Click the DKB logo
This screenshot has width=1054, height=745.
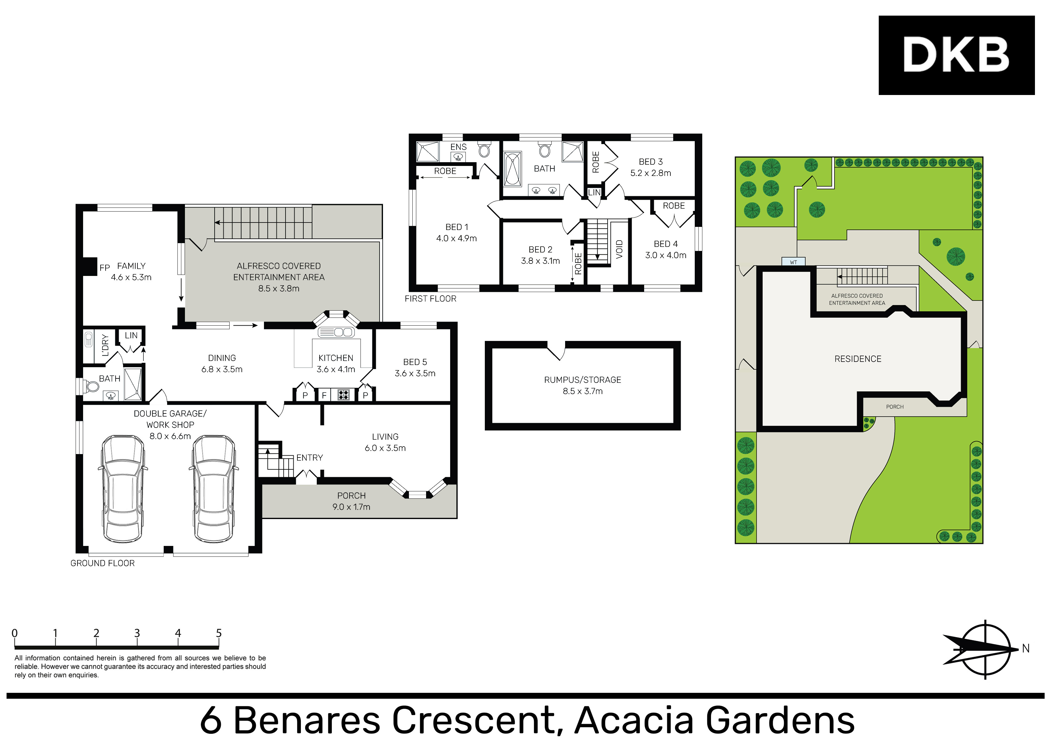pyautogui.click(x=956, y=55)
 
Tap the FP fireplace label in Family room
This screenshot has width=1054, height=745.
pyautogui.click(x=104, y=267)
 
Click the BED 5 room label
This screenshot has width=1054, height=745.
pyautogui.click(x=415, y=362)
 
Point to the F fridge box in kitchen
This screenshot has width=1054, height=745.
pyautogui.click(x=324, y=395)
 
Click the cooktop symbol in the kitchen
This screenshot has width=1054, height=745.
pyautogui.click(x=343, y=395)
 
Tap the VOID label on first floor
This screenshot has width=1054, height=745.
pyautogui.click(x=619, y=249)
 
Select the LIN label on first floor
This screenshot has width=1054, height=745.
pyautogui.click(x=594, y=192)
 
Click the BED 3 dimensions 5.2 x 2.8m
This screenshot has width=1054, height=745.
pyautogui.click(x=650, y=173)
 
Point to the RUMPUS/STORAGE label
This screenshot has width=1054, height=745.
pyautogui.click(x=582, y=380)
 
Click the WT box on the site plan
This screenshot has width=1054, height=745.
pyautogui.click(x=793, y=262)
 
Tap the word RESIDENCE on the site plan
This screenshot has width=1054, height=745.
pyautogui.click(x=858, y=359)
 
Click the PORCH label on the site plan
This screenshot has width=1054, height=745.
pyautogui.click(x=894, y=407)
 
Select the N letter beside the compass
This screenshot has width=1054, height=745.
pyautogui.click(x=1026, y=648)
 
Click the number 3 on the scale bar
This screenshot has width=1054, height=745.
pyautogui.click(x=137, y=633)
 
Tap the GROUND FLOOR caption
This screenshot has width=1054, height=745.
pyautogui.click(x=102, y=563)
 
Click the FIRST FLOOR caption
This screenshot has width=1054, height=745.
pyautogui.click(x=430, y=298)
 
